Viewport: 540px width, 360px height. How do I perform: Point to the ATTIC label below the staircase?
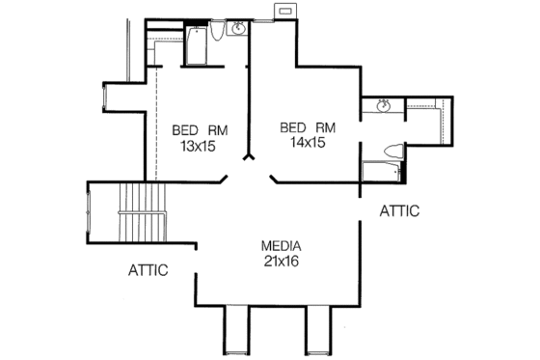tap(148, 270)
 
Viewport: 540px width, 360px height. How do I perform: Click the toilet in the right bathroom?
tap(391, 152)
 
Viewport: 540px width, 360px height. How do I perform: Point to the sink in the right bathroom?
tap(383, 106)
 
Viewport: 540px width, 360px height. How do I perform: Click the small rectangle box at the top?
tap(284, 10)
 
